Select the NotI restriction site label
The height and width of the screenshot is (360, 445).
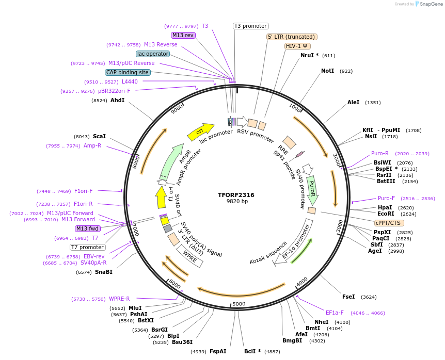coord(327,71)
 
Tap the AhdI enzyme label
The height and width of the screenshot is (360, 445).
coord(117,100)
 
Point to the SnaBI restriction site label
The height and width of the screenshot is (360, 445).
coord(103,272)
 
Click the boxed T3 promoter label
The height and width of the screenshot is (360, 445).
coord(251,26)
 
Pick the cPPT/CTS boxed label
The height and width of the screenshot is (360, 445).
coord(388,223)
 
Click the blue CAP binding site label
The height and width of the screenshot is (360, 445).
coord(128,73)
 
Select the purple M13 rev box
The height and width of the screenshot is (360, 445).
coord(183,35)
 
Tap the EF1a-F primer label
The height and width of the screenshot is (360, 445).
coord(335,313)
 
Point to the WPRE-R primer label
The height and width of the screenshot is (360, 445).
coord(119,299)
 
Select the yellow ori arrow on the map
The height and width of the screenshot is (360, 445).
coord(201,132)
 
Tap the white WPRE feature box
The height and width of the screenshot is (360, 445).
coord(190,256)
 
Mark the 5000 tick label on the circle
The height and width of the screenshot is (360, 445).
coord(239,304)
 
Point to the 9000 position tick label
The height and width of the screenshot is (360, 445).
coord(177,109)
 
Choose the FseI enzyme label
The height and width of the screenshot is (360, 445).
coord(348,297)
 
